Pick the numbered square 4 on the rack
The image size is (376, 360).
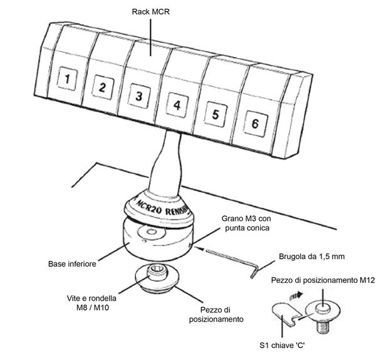[177, 105]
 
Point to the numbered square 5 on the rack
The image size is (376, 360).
[215, 114]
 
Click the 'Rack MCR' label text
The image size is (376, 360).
[152, 11]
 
